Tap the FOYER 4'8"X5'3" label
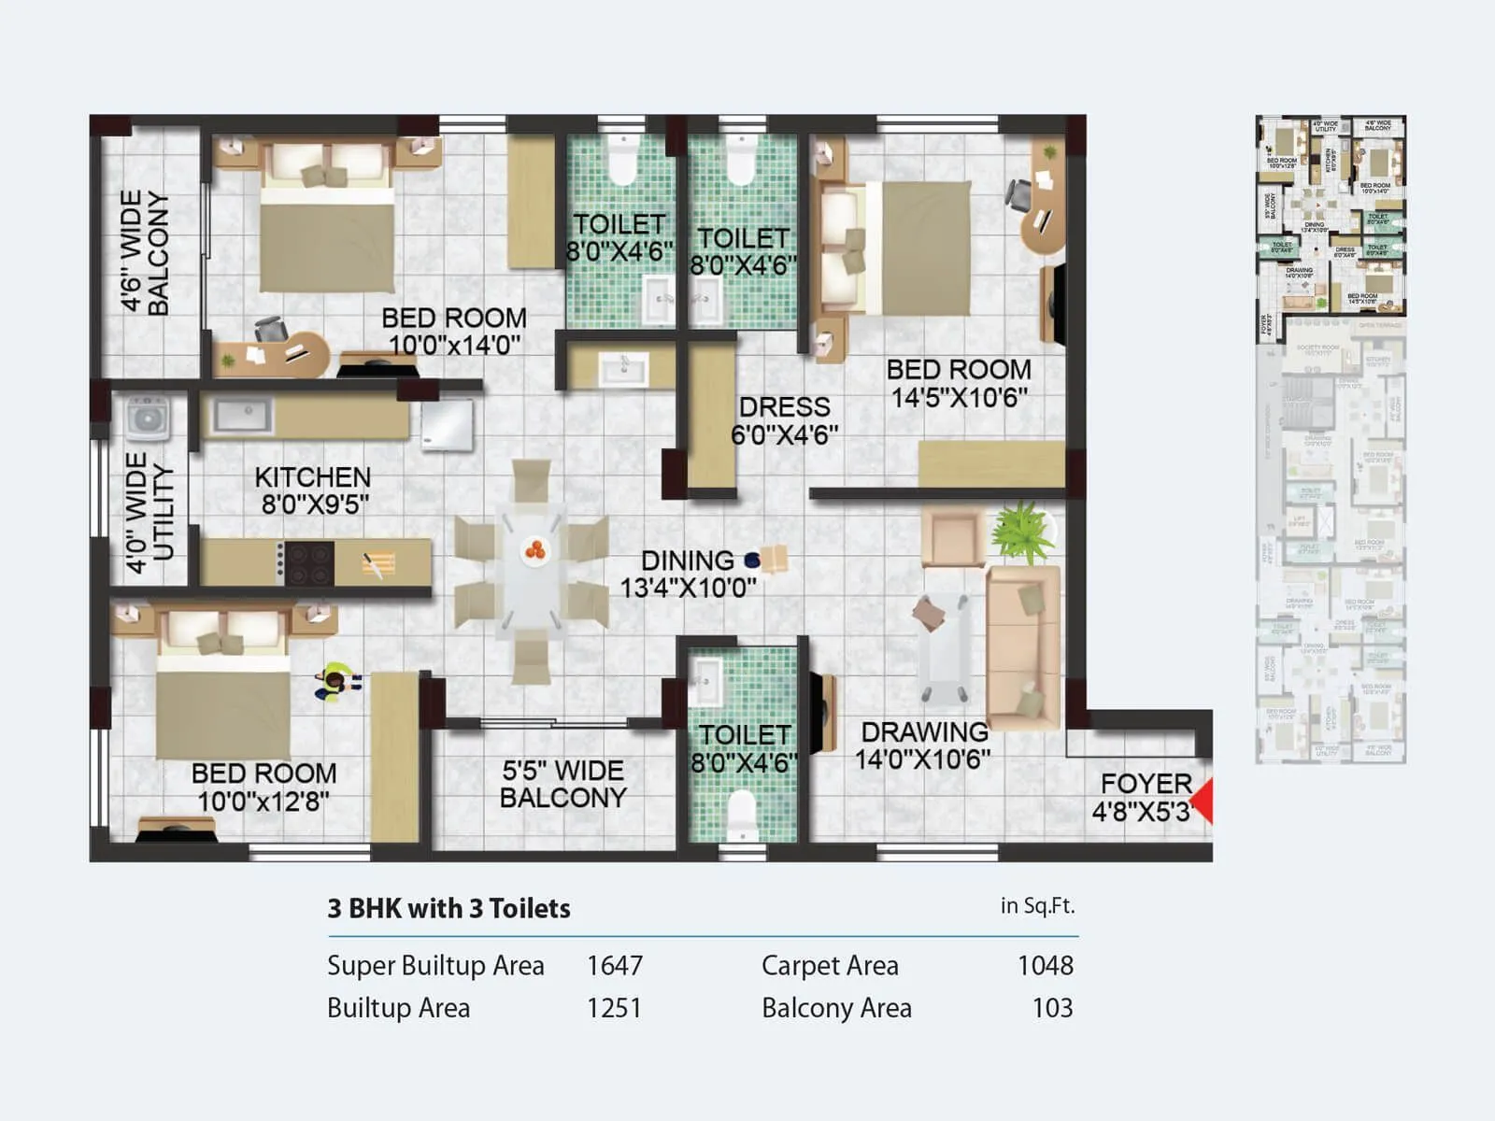pos(1144,797)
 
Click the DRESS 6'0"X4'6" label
pos(784,420)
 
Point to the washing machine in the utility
pos(148,419)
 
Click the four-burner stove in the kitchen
pos(309,563)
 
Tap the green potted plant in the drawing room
pos(1024,533)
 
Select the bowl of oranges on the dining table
pos(534,551)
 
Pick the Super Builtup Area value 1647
pos(614,965)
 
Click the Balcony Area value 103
pos(1052,1008)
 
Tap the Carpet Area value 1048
pos(1045,965)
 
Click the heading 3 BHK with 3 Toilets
pos(448,908)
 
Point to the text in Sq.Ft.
pos(1037,905)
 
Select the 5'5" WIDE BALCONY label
pos(562,784)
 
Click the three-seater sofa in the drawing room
pos(1024,645)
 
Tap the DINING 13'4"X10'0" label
pos(688,574)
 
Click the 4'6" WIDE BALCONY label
pos(145,252)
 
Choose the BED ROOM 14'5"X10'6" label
pos(959,383)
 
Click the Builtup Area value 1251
pos(614,1008)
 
